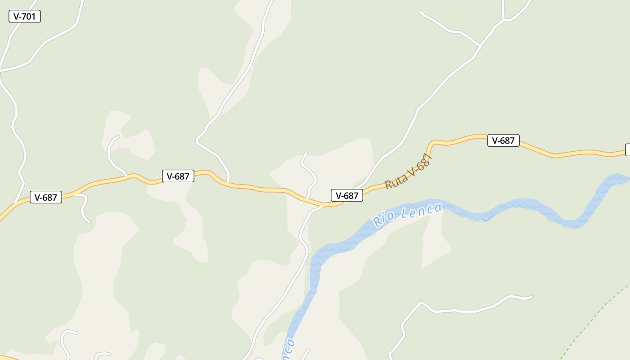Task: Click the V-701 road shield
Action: [25, 17]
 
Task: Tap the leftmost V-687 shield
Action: [46, 197]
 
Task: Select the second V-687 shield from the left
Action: [178, 176]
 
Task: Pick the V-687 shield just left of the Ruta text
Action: [347, 195]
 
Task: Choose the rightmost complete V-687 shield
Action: [504, 140]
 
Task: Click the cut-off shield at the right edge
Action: [628, 150]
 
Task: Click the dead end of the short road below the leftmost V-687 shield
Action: [89, 222]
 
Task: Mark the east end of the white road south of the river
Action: [531, 297]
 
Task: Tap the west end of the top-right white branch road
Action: [421, 12]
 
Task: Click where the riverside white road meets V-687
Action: [322, 206]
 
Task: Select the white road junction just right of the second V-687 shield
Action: [229, 183]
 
